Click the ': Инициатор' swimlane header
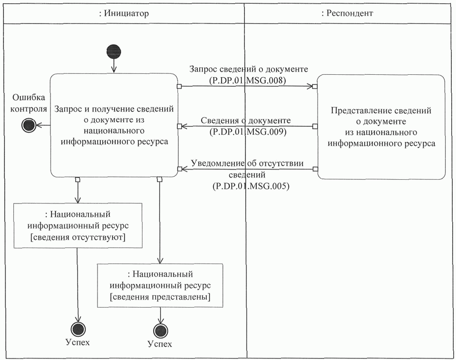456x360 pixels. [x=124, y=13]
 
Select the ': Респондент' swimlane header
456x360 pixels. [x=347, y=13]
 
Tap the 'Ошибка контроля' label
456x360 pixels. [x=30, y=103]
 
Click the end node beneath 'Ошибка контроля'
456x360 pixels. [x=29, y=125]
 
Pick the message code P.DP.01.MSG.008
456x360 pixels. [x=248, y=80]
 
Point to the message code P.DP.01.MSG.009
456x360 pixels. [x=248, y=132]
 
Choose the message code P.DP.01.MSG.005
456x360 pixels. [x=248, y=186]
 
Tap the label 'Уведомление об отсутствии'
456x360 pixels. [x=248, y=164]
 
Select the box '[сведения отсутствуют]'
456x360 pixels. [x=78, y=225]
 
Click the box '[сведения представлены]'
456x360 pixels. [x=160, y=285]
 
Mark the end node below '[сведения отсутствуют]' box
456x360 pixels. [x=78, y=329]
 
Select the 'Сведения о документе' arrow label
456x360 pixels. [x=246, y=121]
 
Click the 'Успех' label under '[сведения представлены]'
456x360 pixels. [x=160, y=344]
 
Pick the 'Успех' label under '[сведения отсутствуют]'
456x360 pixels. [x=78, y=343]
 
